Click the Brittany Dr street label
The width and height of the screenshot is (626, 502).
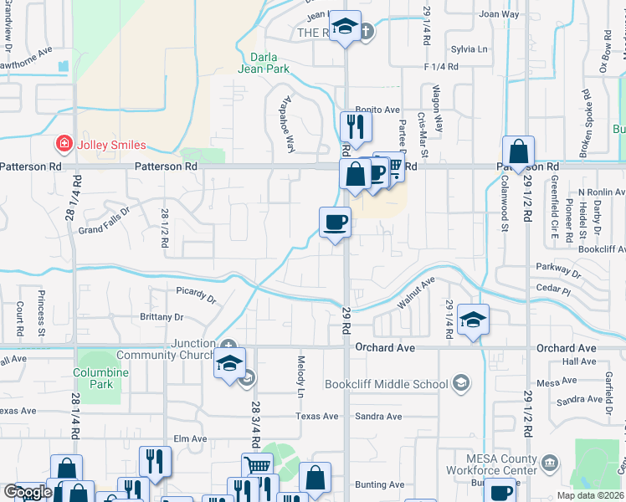pyautogui.click(x=164, y=317)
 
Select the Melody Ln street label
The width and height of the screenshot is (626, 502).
pyautogui.click(x=300, y=376)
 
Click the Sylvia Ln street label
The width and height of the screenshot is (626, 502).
pyautogui.click(x=469, y=49)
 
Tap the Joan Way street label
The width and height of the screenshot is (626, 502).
pyautogui.click(x=499, y=14)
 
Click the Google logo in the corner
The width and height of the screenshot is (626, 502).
pyautogui.click(x=28, y=492)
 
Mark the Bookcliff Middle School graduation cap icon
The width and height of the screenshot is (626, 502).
pyautogui.click(x=459, y=383)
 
